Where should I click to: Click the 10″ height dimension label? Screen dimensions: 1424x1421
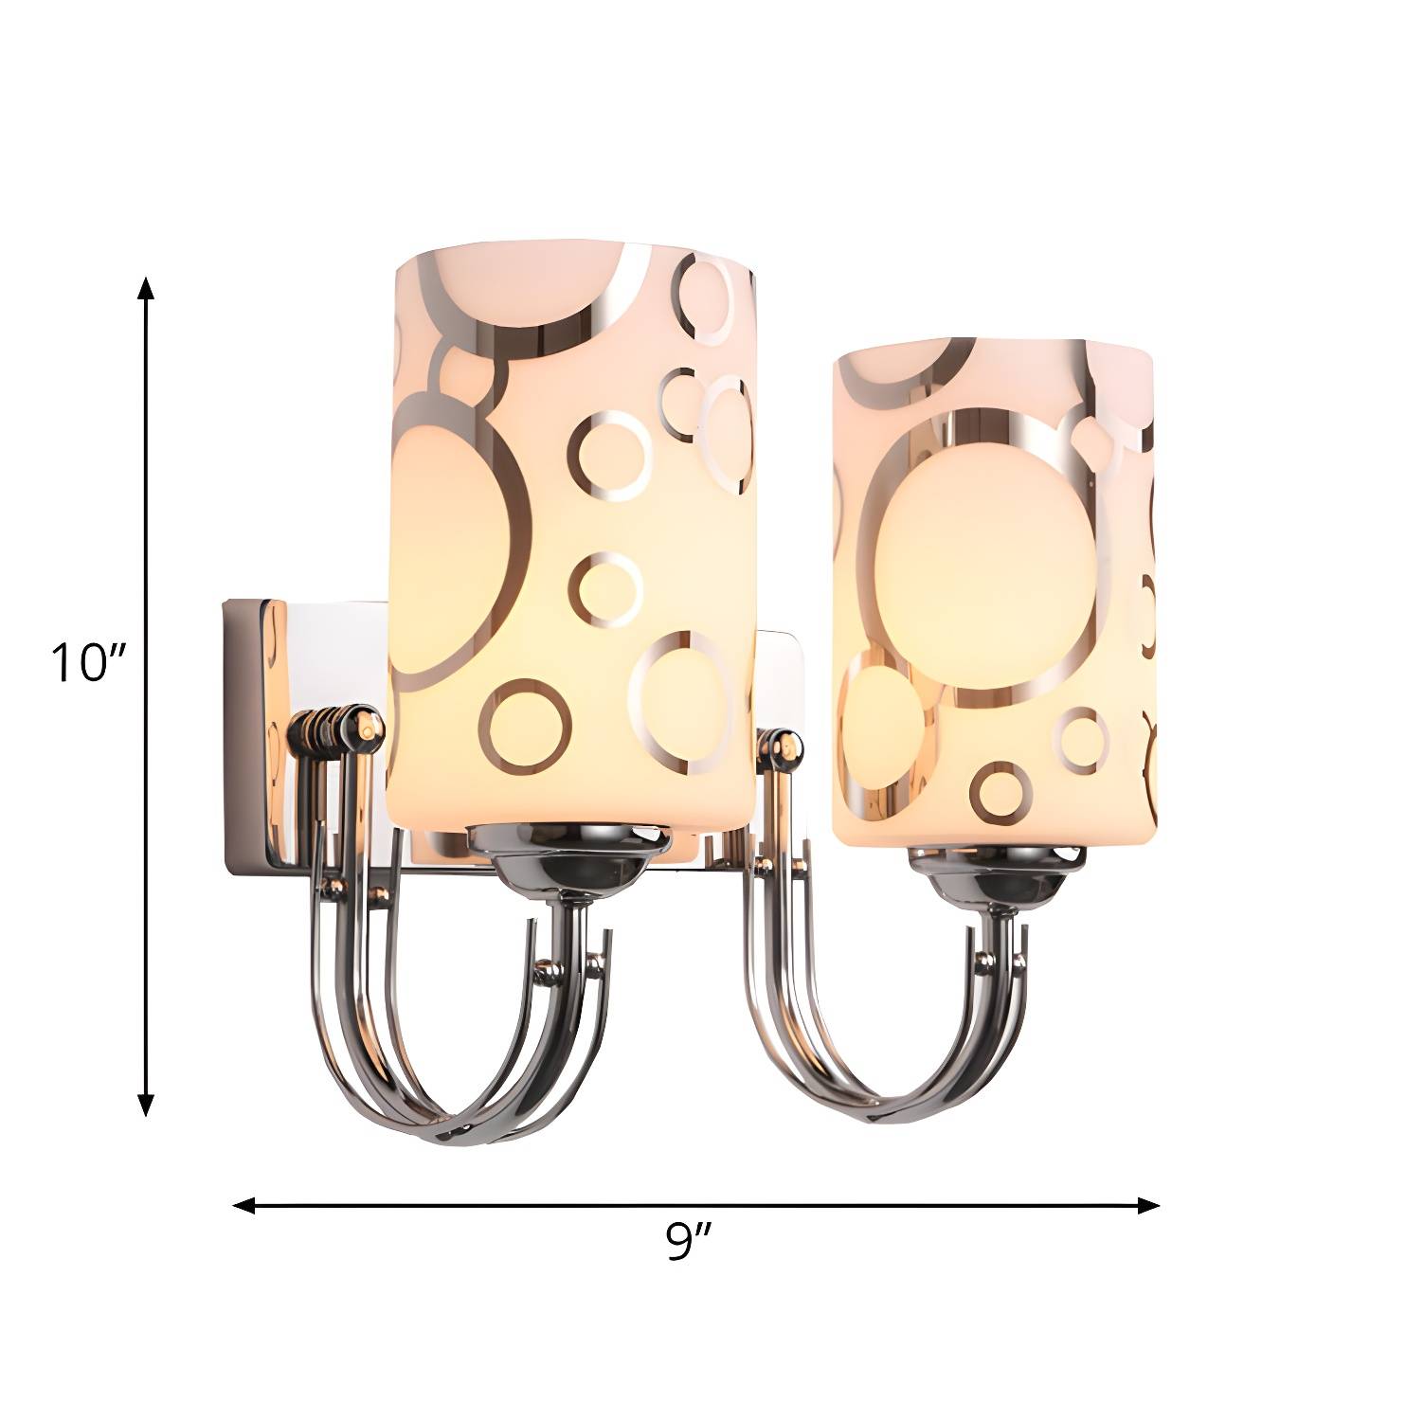pos(87,662)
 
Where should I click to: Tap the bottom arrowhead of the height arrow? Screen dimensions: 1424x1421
pos(146,1104)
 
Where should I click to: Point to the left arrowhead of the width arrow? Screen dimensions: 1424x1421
pos(245,1206)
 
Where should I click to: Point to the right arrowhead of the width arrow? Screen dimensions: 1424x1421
pos(1148,1206)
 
